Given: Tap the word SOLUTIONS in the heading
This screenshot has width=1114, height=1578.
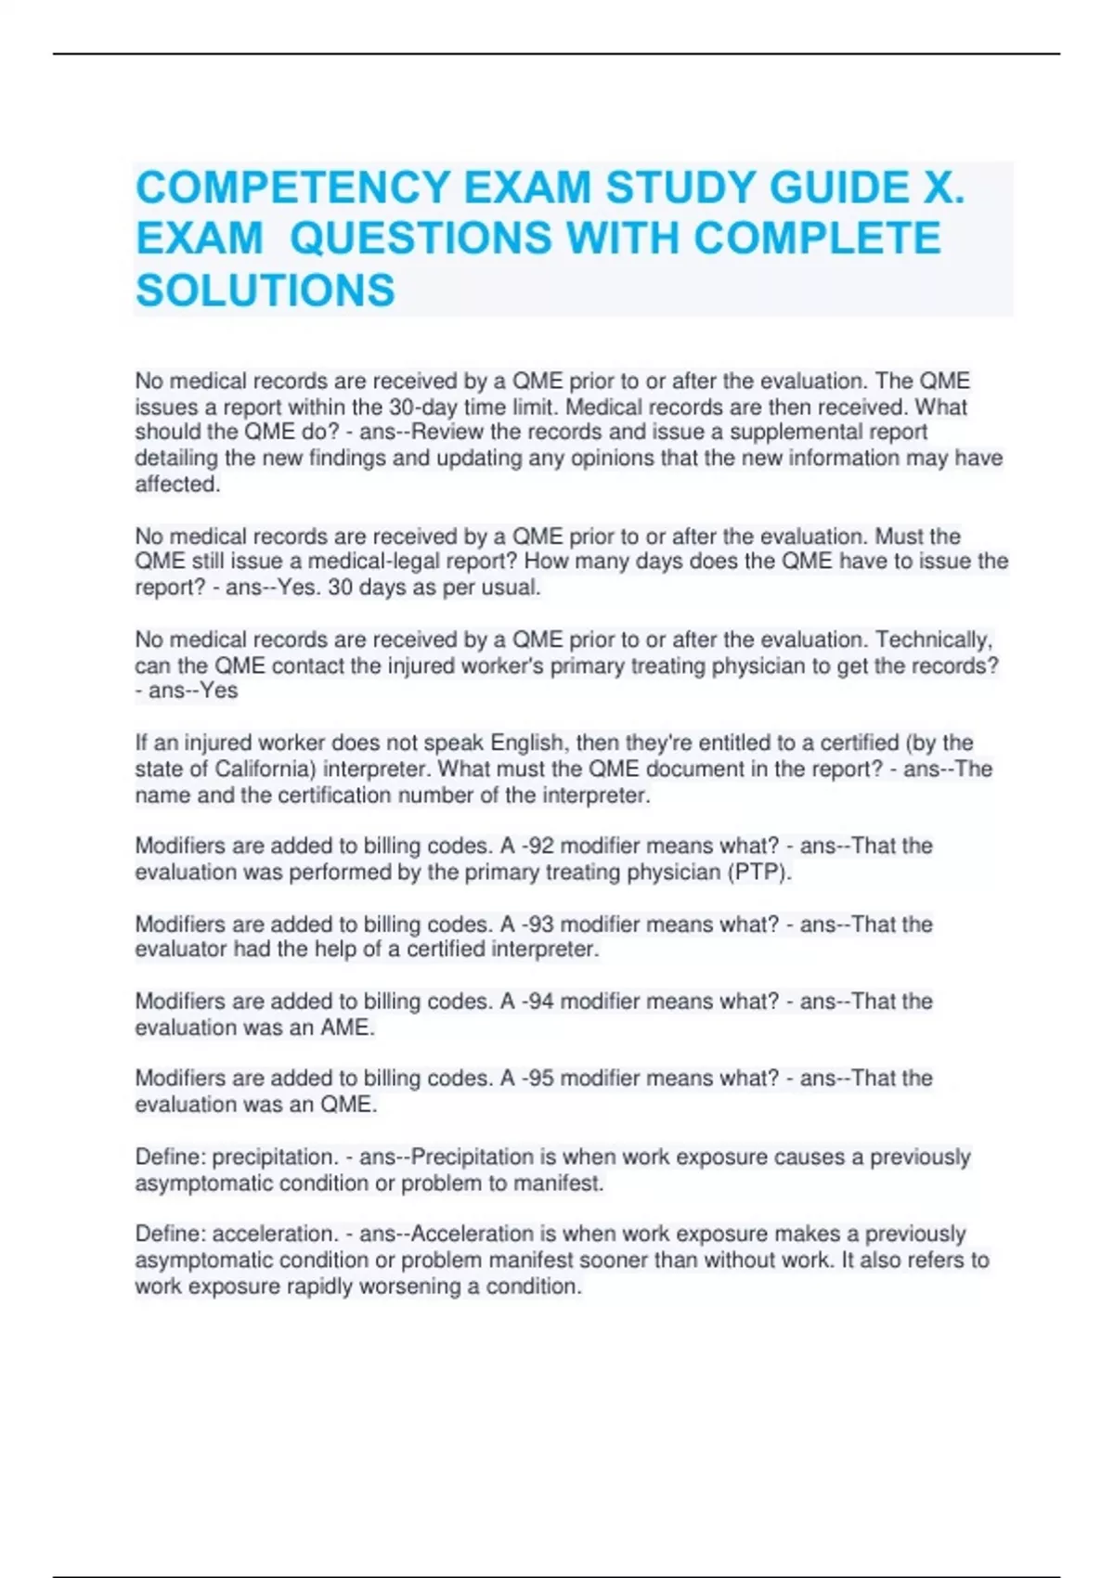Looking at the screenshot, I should pos(266,291).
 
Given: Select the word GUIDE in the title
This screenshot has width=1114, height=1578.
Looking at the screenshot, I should pos(839,188).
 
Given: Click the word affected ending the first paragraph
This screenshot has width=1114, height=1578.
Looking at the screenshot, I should pos(176,485).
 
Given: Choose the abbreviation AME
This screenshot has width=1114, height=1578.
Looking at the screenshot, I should pos(346,1028).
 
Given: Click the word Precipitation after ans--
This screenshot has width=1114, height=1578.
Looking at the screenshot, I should pos(473,1158).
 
